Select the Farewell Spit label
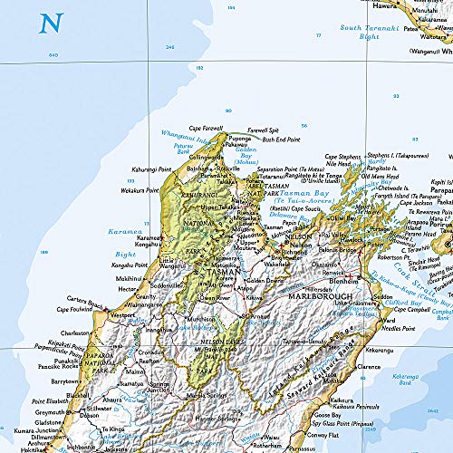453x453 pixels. [x=264, y=130]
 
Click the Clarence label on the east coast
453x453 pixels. [x=369, y=367]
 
